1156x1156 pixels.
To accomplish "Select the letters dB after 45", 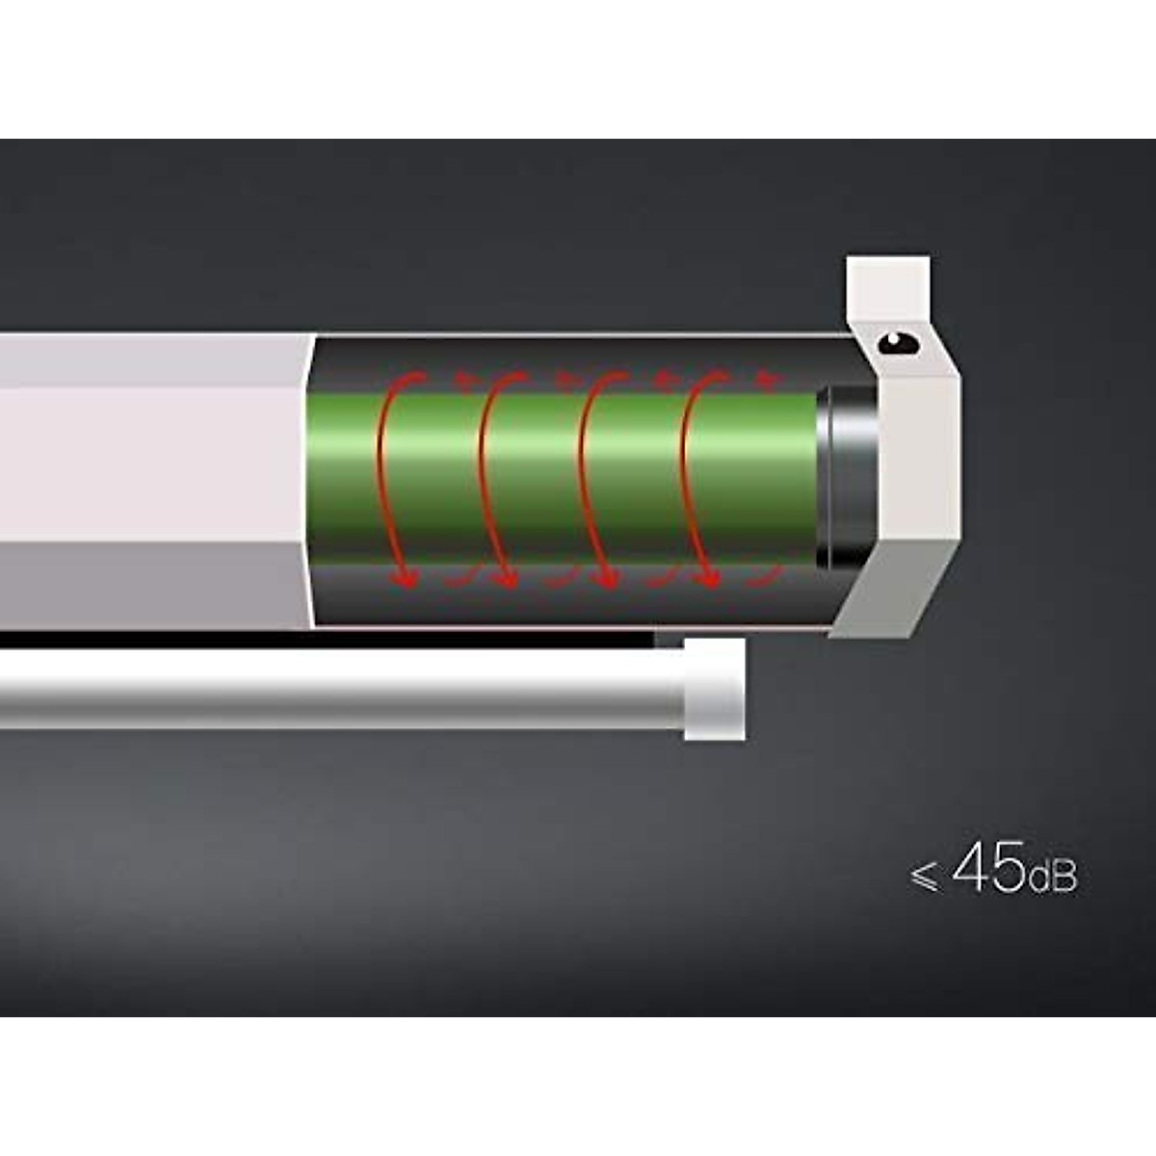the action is point(1052,876).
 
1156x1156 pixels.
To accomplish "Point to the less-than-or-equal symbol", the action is point(924,877).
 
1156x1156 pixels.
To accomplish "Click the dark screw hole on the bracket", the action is point(898,344).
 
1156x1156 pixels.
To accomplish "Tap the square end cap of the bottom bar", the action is point(715,689).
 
